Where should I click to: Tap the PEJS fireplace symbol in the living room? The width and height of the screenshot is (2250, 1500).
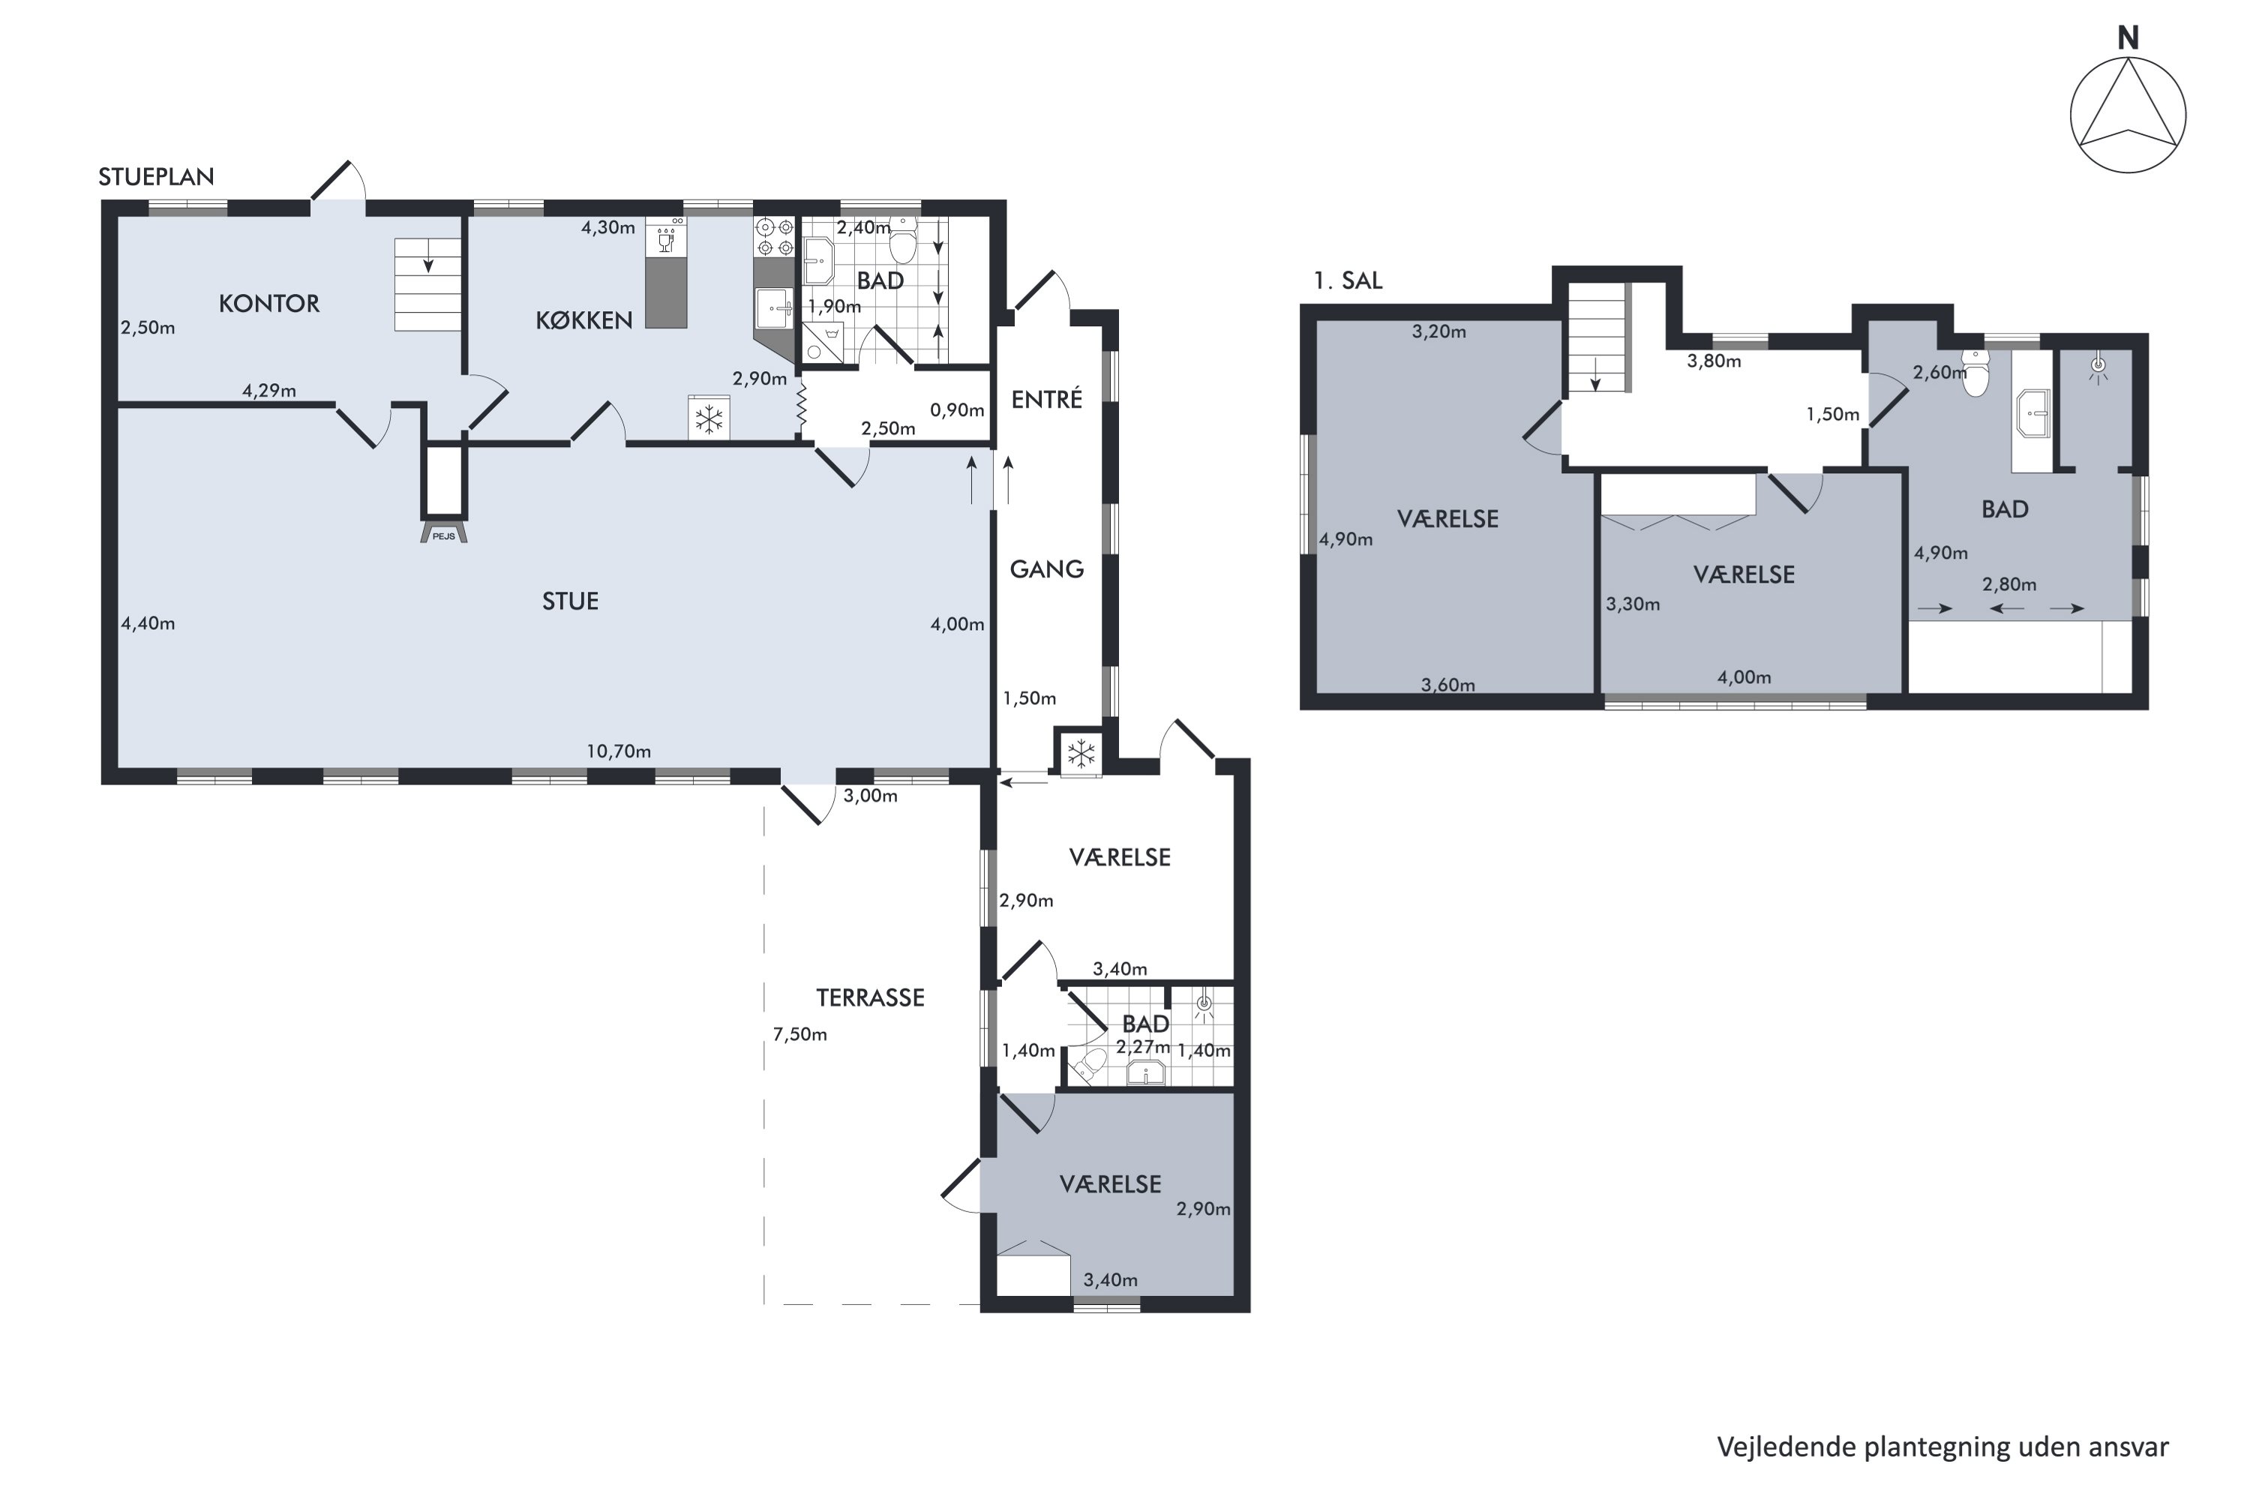[444, 532]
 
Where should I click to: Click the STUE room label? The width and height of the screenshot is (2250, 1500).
[570, 601]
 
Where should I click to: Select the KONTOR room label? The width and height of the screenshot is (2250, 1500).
[268, 303]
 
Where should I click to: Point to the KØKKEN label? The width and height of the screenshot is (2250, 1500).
[583, 319]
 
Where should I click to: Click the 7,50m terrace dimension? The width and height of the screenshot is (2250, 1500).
[799, 1034]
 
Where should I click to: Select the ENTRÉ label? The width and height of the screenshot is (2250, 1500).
[1046, 399]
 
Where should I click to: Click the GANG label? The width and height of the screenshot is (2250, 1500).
[1046, 569]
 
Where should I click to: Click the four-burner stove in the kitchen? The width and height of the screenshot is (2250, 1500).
[775, 237]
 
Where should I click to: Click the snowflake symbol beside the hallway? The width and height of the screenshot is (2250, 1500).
[1081, 754]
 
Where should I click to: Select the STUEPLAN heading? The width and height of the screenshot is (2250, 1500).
[156, 177]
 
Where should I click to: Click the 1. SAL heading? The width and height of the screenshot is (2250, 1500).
[1348, 280]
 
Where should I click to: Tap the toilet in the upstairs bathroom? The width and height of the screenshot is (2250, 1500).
[1975, 373]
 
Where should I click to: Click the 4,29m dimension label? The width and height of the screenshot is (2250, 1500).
[268, 390]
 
